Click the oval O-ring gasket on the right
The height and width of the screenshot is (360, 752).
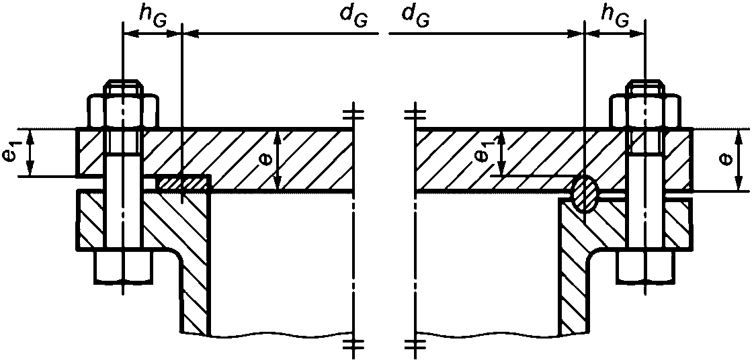point(585,193)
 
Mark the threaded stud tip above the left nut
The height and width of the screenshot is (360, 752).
point(124,88)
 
